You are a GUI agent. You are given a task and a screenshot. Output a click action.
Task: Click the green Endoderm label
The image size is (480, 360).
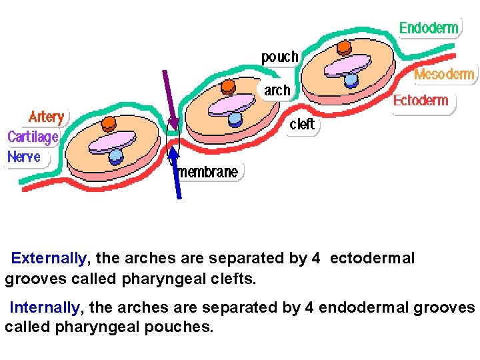(429, 28)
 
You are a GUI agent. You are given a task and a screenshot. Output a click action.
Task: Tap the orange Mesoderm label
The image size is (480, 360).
(445, 74)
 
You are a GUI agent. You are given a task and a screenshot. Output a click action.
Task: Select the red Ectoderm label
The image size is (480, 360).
(421, 101)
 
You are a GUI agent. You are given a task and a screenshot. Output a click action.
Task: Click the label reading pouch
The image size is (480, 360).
(280, 57)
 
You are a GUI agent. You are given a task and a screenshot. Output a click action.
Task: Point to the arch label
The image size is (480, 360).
(277, 90)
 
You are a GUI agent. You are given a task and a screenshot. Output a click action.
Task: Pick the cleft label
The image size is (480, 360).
(302, 124)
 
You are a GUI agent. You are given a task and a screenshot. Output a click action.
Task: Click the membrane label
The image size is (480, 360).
(209, 172)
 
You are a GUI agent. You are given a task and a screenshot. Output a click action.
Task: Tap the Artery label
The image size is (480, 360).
(47, 117)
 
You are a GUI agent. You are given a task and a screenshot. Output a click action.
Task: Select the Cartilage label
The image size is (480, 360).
(33, 137)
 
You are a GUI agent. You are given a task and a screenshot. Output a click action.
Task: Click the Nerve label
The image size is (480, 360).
(24, 157)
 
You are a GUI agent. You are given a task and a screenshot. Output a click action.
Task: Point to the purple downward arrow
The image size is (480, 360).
(169, 100)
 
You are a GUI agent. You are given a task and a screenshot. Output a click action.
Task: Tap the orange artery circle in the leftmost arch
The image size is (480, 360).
(109, 123)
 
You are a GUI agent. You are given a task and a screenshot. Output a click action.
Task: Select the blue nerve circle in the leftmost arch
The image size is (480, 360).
(116, 157)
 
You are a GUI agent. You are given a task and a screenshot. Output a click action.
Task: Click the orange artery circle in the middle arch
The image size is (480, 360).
(228, 86)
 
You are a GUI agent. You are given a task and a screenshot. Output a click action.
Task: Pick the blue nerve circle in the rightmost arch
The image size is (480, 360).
(351, 80)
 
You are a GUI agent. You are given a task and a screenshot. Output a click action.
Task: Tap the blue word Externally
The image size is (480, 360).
(49, 258)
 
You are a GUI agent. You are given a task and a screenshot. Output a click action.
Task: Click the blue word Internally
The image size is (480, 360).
(45, 308)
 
